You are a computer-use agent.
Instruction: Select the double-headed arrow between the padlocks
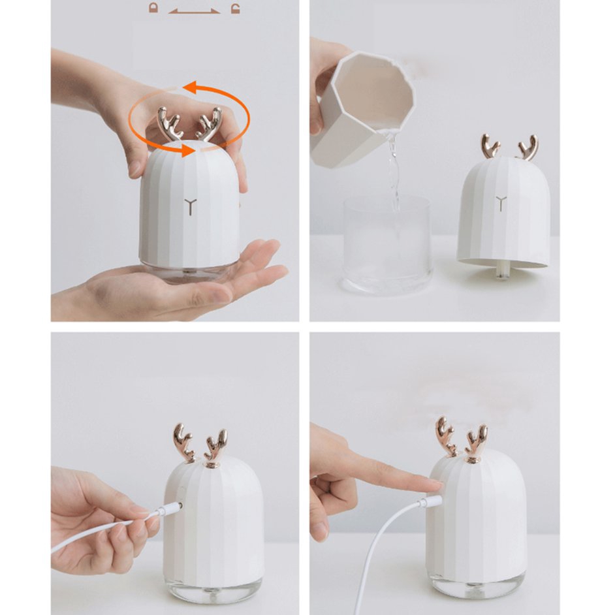[194, 10]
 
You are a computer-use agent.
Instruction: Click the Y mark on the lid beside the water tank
[501, 203]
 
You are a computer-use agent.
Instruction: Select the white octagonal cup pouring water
[362, 108]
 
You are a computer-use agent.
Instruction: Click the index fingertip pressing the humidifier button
[434, 484]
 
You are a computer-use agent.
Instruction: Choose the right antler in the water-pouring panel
[527, 148]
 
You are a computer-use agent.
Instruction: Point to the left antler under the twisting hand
[170, 123]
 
